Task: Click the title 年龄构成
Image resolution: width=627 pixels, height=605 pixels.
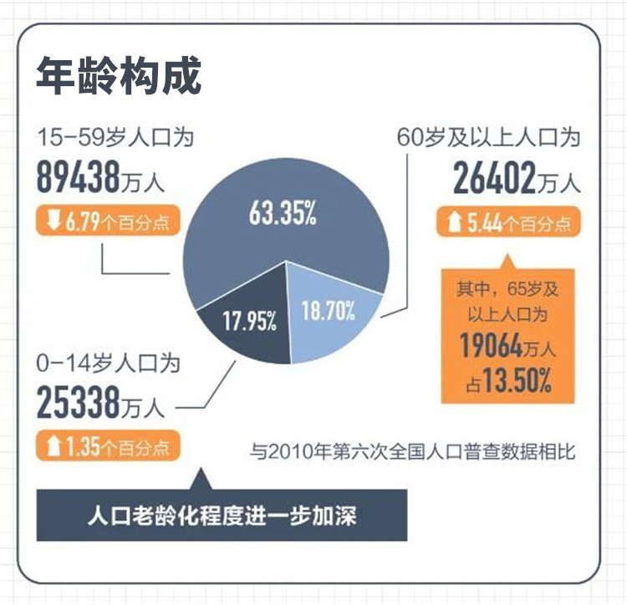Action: click(118, 77)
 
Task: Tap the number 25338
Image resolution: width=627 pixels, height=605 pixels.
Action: click(80, 403)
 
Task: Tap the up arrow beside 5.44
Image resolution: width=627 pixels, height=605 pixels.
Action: click(455, 223)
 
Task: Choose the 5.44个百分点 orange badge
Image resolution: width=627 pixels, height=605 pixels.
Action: click(509, 223)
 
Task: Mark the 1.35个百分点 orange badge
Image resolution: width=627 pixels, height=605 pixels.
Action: click(107, 446)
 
